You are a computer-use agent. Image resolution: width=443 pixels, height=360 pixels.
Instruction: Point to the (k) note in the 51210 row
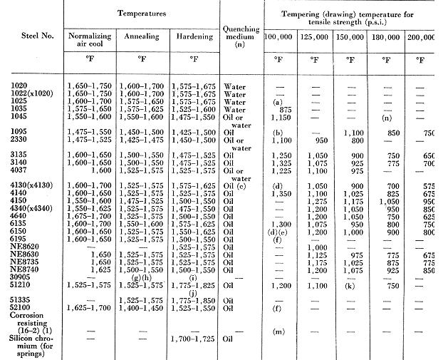350,285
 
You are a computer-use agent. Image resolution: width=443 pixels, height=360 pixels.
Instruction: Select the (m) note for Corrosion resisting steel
278,331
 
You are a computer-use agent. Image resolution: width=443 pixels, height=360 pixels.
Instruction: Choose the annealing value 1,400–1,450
143,310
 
